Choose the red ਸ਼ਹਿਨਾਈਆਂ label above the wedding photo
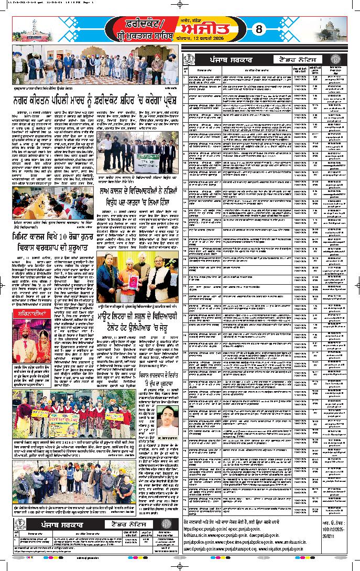pos(30,314)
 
